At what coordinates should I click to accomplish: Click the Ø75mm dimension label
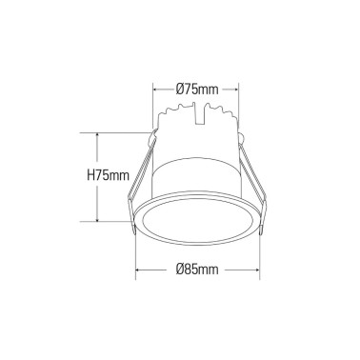click(197, 89)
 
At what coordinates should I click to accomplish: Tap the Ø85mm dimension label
click(197, 270)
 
